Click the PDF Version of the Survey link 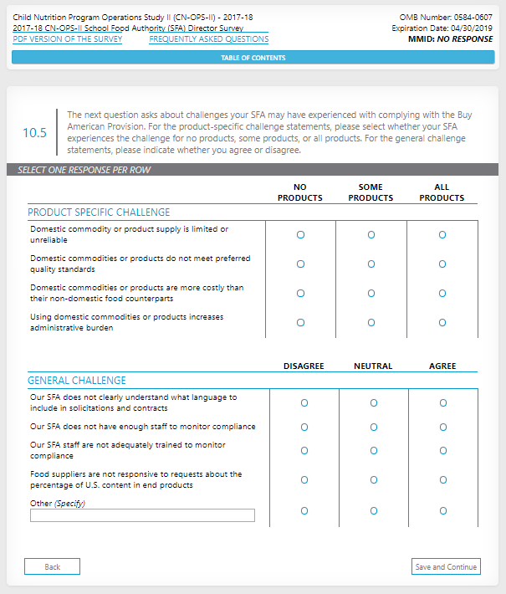click(x=68, y=39)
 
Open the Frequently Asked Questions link click(x=209, y=39)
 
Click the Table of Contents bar click(x=253, y=58)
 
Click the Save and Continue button click(x=446, y=567)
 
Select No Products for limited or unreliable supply click(x=300, y=235)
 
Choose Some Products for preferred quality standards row click(x=371, y=264)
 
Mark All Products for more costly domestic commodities click(x=442, y=294)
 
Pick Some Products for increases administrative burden click(x=371, y=322)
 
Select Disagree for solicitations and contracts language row click(x=304, y=403)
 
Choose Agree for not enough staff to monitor click(x=442, y=427)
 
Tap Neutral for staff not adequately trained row click(x=373, y=450)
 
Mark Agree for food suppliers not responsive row click(x=442, y=480)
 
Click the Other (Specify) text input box click(x=142, y=515)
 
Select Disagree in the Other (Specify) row click(x=304, y=510)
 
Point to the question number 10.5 click(x=34, y=133)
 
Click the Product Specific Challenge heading click(x=99, y=213)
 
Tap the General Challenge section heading click(x=77, y=381)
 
